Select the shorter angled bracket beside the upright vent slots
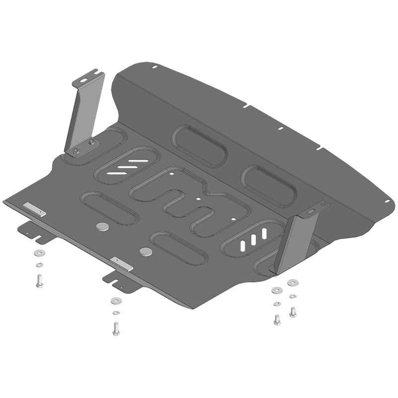click(x=298, y=242)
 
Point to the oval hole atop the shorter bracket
click(x=311, y=211)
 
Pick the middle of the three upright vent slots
click(x=254, y=238)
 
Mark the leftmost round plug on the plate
click(x=103, y=227)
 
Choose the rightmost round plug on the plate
click(x=146, y=251)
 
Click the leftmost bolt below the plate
click(x=40, y=282)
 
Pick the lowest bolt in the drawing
click(x=116, y=328)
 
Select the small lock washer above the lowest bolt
click(x=116, y=312)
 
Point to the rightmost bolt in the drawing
click(x=293, y=312)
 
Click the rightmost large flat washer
click(x=292, y=283)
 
